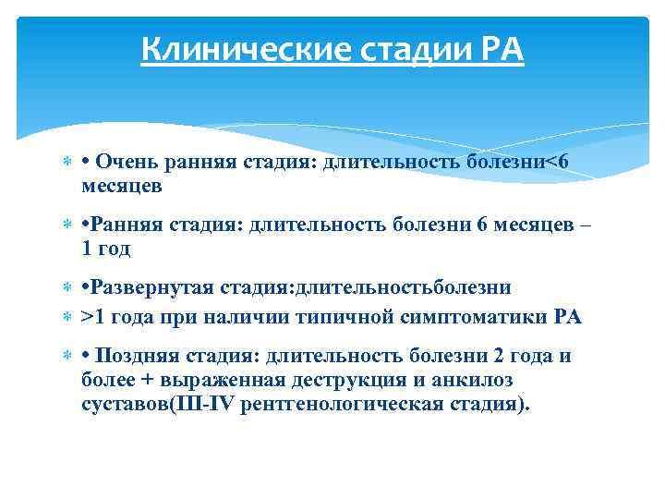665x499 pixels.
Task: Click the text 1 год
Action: [x=106, y=248]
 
